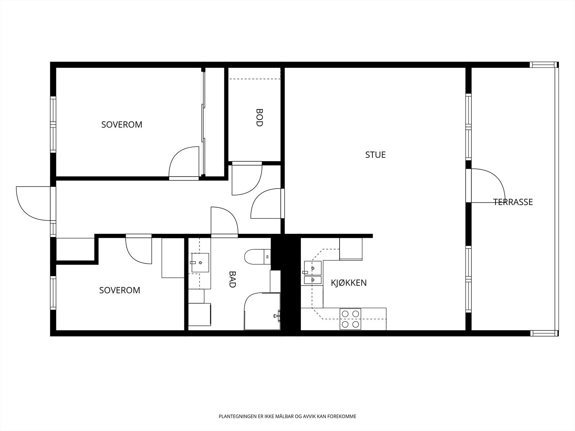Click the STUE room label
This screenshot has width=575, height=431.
pyautogui.click(x=376, y=155)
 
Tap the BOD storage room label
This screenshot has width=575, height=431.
pyautogui.click(x=259, y=117)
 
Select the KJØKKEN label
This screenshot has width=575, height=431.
pyautogui.click(x=349, y=283)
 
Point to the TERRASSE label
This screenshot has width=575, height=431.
pyautogui.click(x=513, y=202)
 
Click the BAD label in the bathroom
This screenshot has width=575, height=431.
pyautogui.click(x=233, y=279)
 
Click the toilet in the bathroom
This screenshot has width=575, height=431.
pyautogui.click(x=258, y=257)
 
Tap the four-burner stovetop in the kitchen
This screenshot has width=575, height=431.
pyautogui.click(x=350, y=319)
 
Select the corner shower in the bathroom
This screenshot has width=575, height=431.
pyautogui.click(x=262, y=311)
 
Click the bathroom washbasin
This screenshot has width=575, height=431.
pyautogui.click(x=200, y=263)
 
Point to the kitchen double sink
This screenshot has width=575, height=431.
pyautogui.click(x=313, y=272)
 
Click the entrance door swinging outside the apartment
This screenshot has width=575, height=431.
pyautogui.click(x=33, y=203)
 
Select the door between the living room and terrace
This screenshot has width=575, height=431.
pyautogui.click(x=485, y=186)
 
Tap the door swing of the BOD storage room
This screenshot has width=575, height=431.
pyautogui.click(x=247, y=179)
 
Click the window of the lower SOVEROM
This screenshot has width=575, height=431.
pyautogui.click(x=53, y=293)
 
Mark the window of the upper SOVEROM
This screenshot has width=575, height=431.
pyautogui.click(x=53, y=124)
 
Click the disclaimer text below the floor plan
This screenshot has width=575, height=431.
pyautogui.click(x=287, y=416)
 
